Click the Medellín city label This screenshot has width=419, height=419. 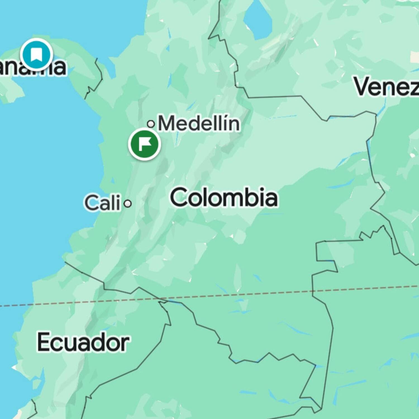tap(199, 123)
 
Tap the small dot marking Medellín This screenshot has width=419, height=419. tap(151, 124)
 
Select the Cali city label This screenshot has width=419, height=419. tap(103, 203)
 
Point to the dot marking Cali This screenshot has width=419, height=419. tap(128, 204)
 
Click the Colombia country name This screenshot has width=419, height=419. tap(224, 197)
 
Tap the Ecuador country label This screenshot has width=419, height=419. tap(83, 342)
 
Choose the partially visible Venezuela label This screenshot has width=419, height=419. tap(387, 87)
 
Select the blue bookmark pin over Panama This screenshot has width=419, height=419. tap(36, 54)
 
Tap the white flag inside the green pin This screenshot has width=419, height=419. tap(145, 144)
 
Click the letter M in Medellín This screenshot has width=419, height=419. tap(167, 123)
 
